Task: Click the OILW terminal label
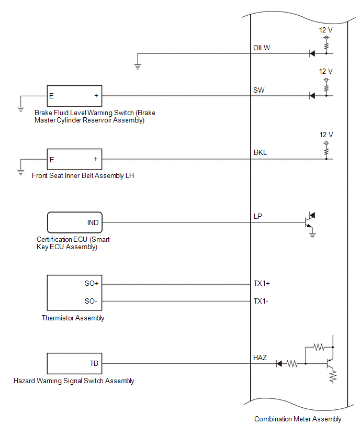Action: [x=262, y=48]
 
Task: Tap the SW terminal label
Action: [x=259, y=90]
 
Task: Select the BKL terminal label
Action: [x=260, y=152]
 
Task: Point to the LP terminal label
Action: [x=257, y=216]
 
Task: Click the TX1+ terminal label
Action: [x=262, y=283]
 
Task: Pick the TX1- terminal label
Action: [x=261, y=301]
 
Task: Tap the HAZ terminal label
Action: [x=260, y=358]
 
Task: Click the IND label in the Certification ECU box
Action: [x=93, y=222]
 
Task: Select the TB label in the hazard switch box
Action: [x=94, y=363]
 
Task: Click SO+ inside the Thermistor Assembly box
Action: [x=92, y=283]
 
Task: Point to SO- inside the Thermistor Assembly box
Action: [x=91, y=301]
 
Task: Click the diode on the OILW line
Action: [x=312, y=53]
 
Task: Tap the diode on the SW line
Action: [x=312, y=96]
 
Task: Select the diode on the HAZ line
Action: [x=279, y=363]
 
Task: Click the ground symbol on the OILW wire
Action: [x=138, y=67]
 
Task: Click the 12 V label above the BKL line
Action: [x=326, y=135]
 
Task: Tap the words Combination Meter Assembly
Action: [x=298, y=419]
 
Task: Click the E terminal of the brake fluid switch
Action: [x=51, y=96]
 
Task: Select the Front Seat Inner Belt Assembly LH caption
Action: [x=83, y=175]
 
